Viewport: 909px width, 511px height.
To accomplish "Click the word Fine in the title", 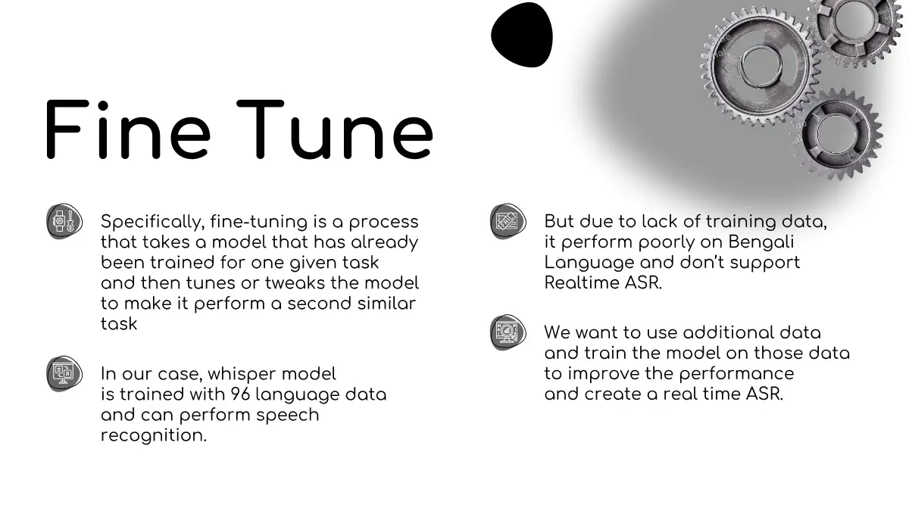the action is [128, 129].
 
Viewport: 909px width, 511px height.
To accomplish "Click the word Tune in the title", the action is [335, 129].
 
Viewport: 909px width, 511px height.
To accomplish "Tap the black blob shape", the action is [522, 35].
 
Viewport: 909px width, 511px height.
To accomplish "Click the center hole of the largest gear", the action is [761, 66].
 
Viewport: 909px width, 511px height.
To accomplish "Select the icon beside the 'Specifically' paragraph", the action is [64, 221].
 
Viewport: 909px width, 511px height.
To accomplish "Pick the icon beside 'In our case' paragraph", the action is [64, 373].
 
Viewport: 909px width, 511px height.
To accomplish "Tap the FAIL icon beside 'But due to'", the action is [508, 221].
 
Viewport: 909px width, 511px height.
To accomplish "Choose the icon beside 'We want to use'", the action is [508, 332].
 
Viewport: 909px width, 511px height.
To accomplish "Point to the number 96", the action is [240, 394].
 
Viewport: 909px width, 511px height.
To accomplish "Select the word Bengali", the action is [761, 242].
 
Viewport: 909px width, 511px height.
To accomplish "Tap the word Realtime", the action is [581, 282].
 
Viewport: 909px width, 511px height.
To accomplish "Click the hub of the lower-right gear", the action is [836, 134].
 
